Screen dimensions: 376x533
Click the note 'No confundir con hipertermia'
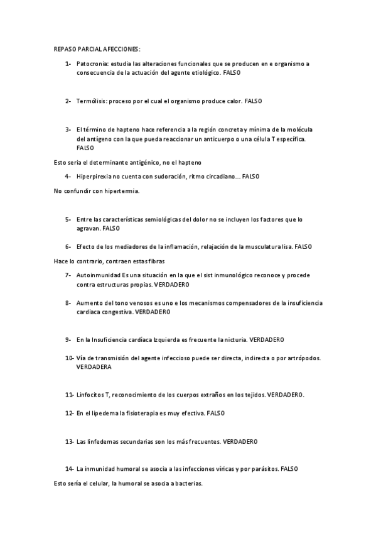[x=96, y=190]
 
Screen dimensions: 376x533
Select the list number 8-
[x=68, y=303]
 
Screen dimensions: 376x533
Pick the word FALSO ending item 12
[x=215, y=413]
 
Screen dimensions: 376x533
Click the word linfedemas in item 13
[x=104, y=441]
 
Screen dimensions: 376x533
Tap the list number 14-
[x=68, y=469]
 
